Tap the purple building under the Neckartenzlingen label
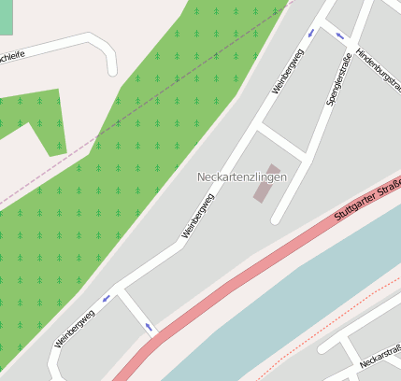tap(265, 183)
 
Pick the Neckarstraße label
tap(380, 356)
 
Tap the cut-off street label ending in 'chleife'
tap(12, 55)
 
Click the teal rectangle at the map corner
tap(7, 17)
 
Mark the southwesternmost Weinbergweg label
tap(75, 328)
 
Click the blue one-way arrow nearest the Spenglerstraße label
tap(339, 36)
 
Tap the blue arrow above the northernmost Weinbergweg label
tap(310, 33)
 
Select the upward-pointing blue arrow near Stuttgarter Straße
tap(149, 328)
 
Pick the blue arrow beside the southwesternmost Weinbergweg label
tap(106, 298)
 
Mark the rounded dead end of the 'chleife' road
tap(112, 66)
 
